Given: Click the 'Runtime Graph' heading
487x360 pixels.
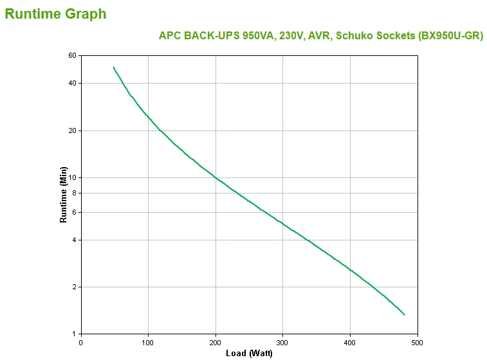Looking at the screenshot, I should click(55, 14).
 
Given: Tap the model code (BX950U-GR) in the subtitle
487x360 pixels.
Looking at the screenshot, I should click(450, 36).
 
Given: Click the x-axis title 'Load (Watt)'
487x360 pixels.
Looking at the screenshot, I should click(249, 353).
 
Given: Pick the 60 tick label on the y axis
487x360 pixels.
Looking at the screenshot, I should click(72, 56).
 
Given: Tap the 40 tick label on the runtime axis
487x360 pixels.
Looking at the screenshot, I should click(72, 84).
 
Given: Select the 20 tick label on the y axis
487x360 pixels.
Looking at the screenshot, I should click(72, 131).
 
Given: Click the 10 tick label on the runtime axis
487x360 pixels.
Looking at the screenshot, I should click(72, 178).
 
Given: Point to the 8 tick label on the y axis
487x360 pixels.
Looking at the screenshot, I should click(74, 193).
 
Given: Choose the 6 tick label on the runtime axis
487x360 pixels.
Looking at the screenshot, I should click(74, 213).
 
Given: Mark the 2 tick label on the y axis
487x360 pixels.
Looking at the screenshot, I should click(74, 287).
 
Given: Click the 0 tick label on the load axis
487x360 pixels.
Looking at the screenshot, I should click(81, 342).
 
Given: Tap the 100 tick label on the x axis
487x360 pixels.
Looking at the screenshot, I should click(148, 342).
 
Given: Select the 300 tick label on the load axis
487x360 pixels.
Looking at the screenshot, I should click(282, 342).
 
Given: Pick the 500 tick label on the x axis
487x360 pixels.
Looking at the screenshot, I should click(417, 342).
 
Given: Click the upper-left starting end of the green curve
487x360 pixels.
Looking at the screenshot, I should click(114, 67).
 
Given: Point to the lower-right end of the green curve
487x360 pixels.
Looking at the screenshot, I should click(404, 314).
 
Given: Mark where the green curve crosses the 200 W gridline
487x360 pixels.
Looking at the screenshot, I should click(216, 177).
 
